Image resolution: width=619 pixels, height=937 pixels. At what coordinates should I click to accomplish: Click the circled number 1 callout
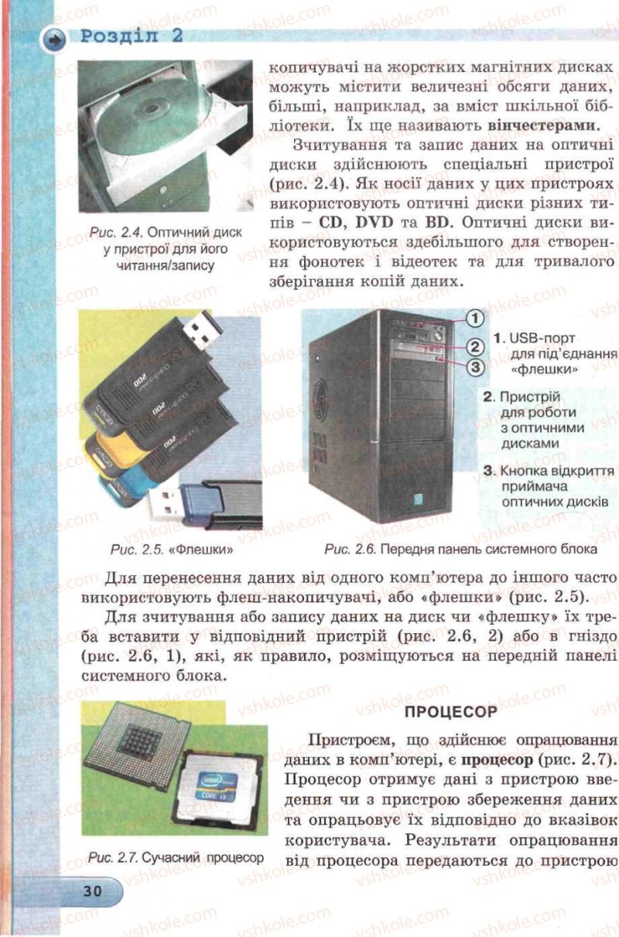[x=474, y=319]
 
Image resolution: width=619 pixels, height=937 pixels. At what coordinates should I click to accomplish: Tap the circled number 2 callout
[x=474, y=346]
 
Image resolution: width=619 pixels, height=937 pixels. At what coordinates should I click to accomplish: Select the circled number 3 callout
[x=474, y=367]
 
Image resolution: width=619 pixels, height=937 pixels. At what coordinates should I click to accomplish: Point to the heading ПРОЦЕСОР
[x=451, y=711]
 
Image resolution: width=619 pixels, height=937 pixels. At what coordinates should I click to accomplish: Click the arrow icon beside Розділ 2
[x=54, y=39]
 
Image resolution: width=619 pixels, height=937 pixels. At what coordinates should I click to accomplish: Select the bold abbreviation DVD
[x=374, y=223]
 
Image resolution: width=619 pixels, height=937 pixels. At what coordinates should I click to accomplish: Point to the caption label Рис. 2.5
[x=136, y=549]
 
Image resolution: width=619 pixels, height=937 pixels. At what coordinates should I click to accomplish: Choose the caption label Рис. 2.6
[x=351, y=549]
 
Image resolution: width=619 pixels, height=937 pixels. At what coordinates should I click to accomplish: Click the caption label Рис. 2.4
[x=117, y=233]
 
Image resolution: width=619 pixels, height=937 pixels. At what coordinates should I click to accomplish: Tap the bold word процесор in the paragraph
[x=498, y=759]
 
